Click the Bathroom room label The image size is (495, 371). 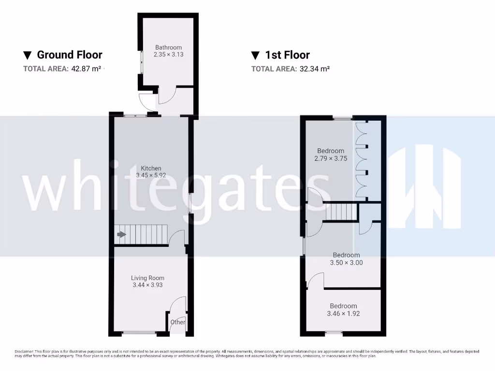[x=168, y=47]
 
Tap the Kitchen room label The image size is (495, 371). [x=151, y=168]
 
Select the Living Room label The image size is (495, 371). [x=147, y=278]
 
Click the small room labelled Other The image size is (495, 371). [x=178, y=322]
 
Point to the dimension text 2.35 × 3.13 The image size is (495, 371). [x=168, y=55]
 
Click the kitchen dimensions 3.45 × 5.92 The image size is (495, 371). [x=151, y=175]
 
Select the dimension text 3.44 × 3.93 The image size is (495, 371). [x=147, y=285]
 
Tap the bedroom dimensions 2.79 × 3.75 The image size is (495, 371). [x=331, y=158]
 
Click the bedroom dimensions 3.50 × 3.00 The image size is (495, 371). [x=346, y=263]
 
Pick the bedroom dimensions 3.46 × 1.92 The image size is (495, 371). [x=343, y=314]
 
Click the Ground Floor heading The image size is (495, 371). [x=70, y=55]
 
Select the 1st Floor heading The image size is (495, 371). [x=288, y=55]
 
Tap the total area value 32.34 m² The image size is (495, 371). [x=314, y=69]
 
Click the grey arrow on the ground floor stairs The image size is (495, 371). [x=121, y=235]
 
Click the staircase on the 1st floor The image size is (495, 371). [x=341, y=212]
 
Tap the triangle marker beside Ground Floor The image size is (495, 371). [x=28, y=55]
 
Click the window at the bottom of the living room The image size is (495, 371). [x=139, y=332]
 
